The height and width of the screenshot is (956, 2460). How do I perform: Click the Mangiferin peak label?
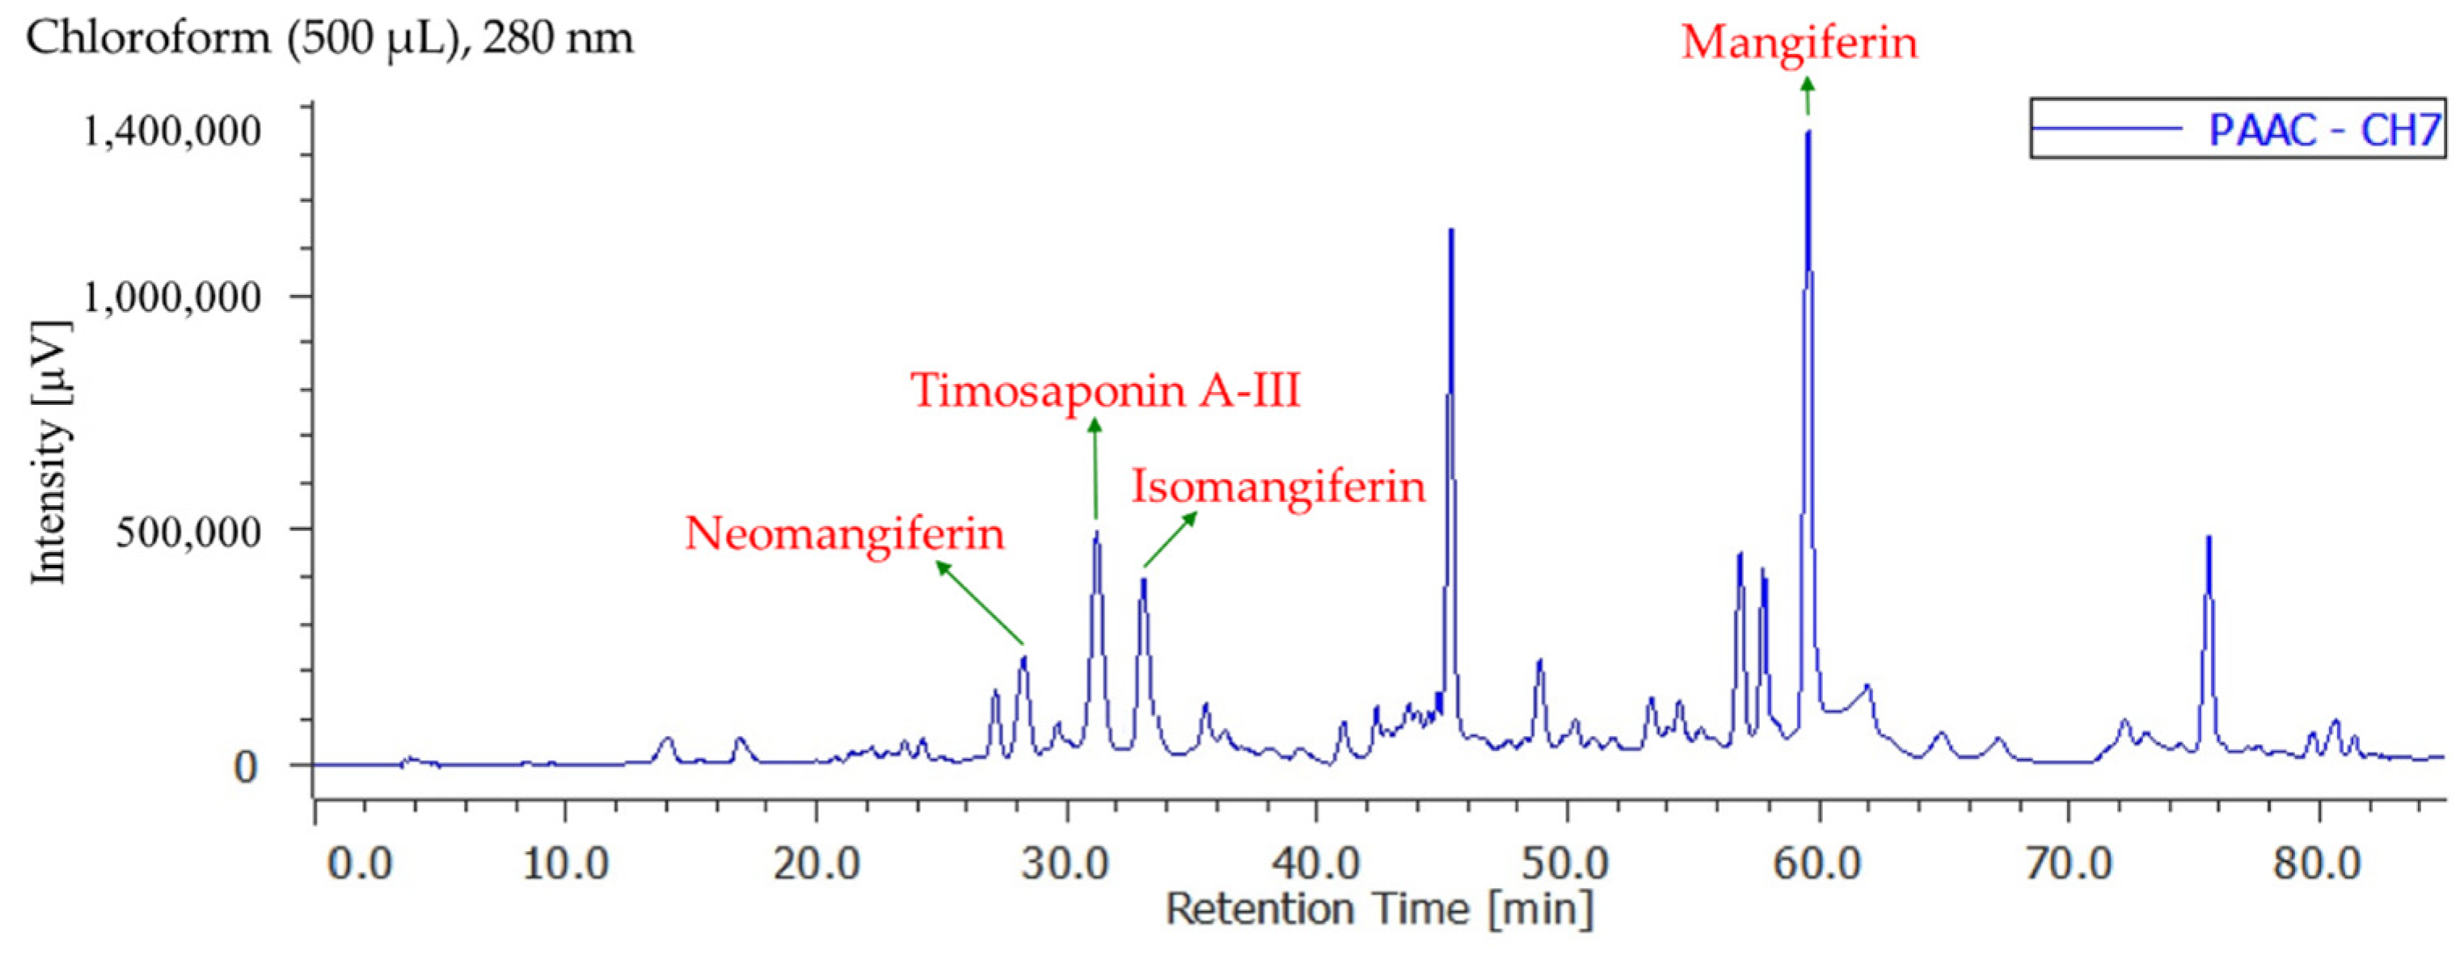click(x=1800, y=42)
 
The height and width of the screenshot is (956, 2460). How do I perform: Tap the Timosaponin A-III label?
click(x=1106, y=390)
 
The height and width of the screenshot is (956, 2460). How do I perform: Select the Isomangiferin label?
click(x=1279, y=487)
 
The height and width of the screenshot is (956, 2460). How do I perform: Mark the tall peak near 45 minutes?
click(x=1450, y=232)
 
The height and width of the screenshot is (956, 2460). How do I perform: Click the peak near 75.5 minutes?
click(x=2209, y=540)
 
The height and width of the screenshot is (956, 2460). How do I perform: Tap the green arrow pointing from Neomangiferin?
click(x=980, y=603)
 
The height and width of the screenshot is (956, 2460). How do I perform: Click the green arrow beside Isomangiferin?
click(x=1171, y=540)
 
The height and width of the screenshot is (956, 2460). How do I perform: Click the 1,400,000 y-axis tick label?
click(x=172, y=131)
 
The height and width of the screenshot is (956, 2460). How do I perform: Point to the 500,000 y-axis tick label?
click(x=188, y=531)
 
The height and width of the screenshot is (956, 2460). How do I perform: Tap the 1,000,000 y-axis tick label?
click(x=172, y=297)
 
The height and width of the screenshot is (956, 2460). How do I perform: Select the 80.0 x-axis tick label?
click(x=2318, y=865)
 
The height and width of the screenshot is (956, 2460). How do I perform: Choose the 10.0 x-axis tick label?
click(x=565, y=865)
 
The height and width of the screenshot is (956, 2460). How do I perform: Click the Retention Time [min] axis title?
click(x=1379, y=909)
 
